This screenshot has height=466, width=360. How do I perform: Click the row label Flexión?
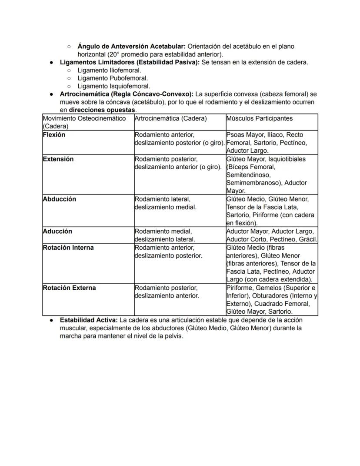tap(54, 135)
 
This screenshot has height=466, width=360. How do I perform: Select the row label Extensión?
tap(58, 159)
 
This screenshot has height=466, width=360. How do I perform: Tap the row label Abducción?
tap(59, 199)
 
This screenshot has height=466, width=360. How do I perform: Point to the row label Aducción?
tap(57, 231)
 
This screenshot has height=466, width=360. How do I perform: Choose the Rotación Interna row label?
tap(68, 248)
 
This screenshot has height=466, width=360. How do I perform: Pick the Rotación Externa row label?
tap(69, 288)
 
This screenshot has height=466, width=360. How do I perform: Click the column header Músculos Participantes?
tap(259, 118)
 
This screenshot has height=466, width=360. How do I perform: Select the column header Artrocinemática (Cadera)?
tap(170, 118)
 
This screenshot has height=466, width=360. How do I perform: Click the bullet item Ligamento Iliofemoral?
tap(109, 70)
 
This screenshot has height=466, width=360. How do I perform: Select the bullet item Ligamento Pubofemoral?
tap(113, 78)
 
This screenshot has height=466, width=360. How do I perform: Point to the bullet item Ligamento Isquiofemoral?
tap(113, 86)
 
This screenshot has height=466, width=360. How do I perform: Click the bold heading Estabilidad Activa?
tap(89, 320)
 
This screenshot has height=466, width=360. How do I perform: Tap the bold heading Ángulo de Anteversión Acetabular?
tap(131, 46)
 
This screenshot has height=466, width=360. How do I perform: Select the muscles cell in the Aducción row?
tap(272, 235)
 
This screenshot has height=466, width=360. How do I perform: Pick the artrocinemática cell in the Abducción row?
tap(165, 203)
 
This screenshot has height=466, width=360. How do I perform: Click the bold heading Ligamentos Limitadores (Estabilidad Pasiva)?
tap(129, 62)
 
